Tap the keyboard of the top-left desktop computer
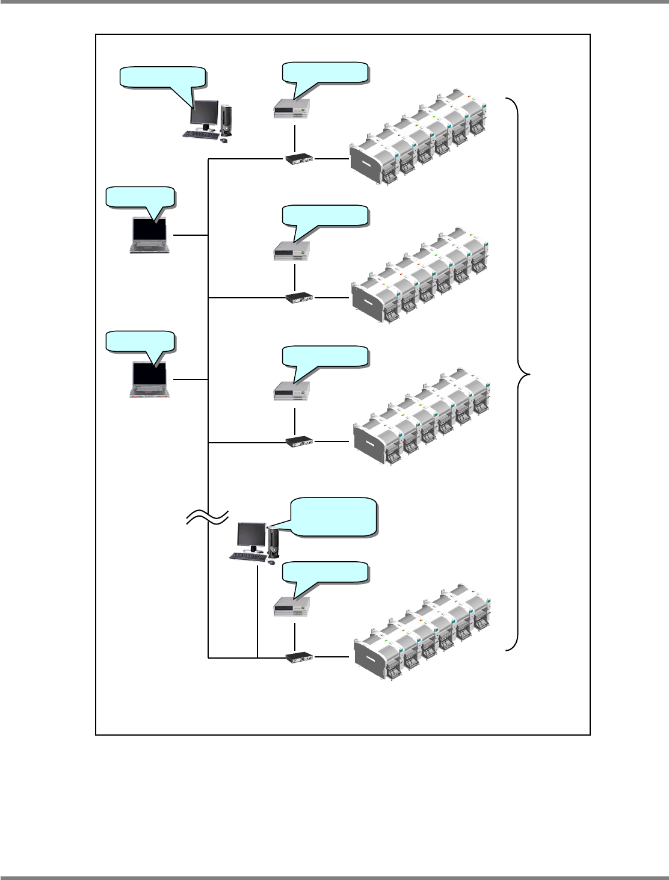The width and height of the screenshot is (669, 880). tap(201, 134)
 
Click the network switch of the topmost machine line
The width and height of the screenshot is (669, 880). tap(299, 159)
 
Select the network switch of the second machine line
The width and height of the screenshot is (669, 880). tap(299, 297)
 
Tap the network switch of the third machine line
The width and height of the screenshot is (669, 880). tap(299, 442)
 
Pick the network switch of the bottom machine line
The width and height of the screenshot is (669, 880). tap(299, 657)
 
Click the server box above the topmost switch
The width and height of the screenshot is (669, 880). tap(292, 108)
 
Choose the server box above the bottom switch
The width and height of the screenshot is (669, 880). tap(292, 606)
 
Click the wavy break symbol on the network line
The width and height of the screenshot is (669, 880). tap(208, 516)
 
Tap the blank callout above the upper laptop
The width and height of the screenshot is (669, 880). tap(140, 197)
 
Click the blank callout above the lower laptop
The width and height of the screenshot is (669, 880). tap(140, 341)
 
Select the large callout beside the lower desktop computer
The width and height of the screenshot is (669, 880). tap(333, 516)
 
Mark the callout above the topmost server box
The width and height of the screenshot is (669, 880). tap(325, 72)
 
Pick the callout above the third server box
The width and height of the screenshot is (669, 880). tap(325, 356)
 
